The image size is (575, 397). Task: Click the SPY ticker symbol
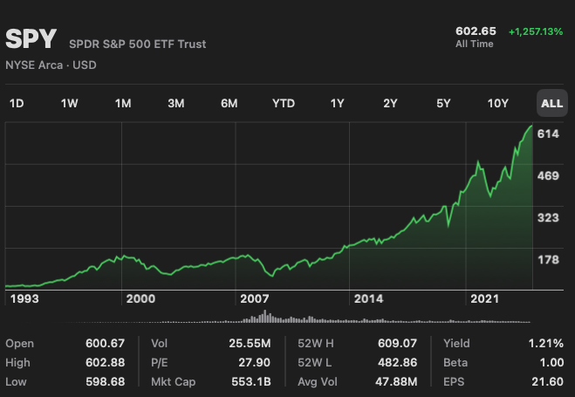click(x=31, y=39)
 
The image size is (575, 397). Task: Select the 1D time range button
click(x=17, y=104)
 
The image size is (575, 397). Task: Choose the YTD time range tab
click(x=284, y=104)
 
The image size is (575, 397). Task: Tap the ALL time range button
click(x=551, y=104)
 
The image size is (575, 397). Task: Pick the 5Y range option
click(x=443, y=104)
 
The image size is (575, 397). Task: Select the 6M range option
click(x=229, y=104)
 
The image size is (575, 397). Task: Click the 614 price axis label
click(x=549, y=133)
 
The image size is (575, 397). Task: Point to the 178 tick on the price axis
click(x=549, y=259)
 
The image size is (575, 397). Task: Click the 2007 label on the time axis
click(x=255, y=298)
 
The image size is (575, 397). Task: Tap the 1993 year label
click(x=22, y=298)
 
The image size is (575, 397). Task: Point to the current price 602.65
click(x=476, y=31)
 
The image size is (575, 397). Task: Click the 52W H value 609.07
click(x=399, y=344)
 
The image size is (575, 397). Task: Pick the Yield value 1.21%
click(x=545, y=344)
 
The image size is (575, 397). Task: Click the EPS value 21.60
click(x=547, y=382)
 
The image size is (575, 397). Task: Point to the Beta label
click(x=456, y=363)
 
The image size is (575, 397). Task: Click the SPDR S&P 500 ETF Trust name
click(x=138, y=44)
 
